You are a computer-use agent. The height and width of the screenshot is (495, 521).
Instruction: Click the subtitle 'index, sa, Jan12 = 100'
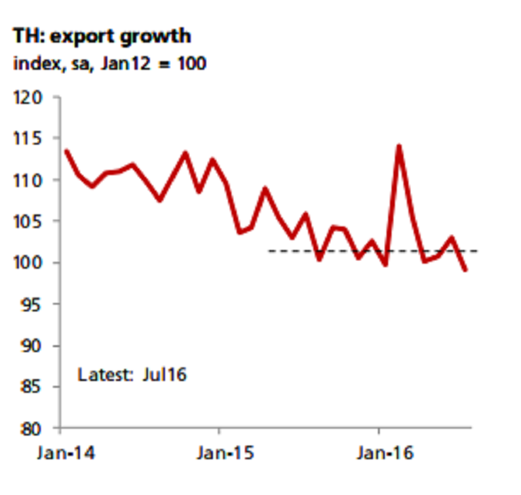click(x=109, y=64)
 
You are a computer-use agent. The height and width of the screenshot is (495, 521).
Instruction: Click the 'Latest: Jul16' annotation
click(x=132, y=374)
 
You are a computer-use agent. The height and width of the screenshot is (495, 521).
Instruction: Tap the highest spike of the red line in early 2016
click(x=399, y=146)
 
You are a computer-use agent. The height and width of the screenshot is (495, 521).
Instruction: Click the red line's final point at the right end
click(x=465, y=271)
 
